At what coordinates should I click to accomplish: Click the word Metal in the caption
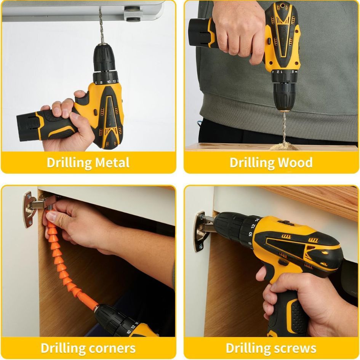(x=112, y=163)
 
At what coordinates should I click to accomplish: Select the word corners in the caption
(x=112, y=348)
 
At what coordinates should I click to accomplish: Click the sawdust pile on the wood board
(x=285, y=146)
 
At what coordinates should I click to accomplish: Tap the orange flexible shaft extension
(x=67, y=262)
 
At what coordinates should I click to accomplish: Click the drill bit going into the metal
(x=101, y=25)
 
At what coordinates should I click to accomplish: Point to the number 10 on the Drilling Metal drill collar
(x=109, y=82)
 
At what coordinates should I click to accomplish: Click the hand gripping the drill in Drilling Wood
(x=239, y=32)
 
